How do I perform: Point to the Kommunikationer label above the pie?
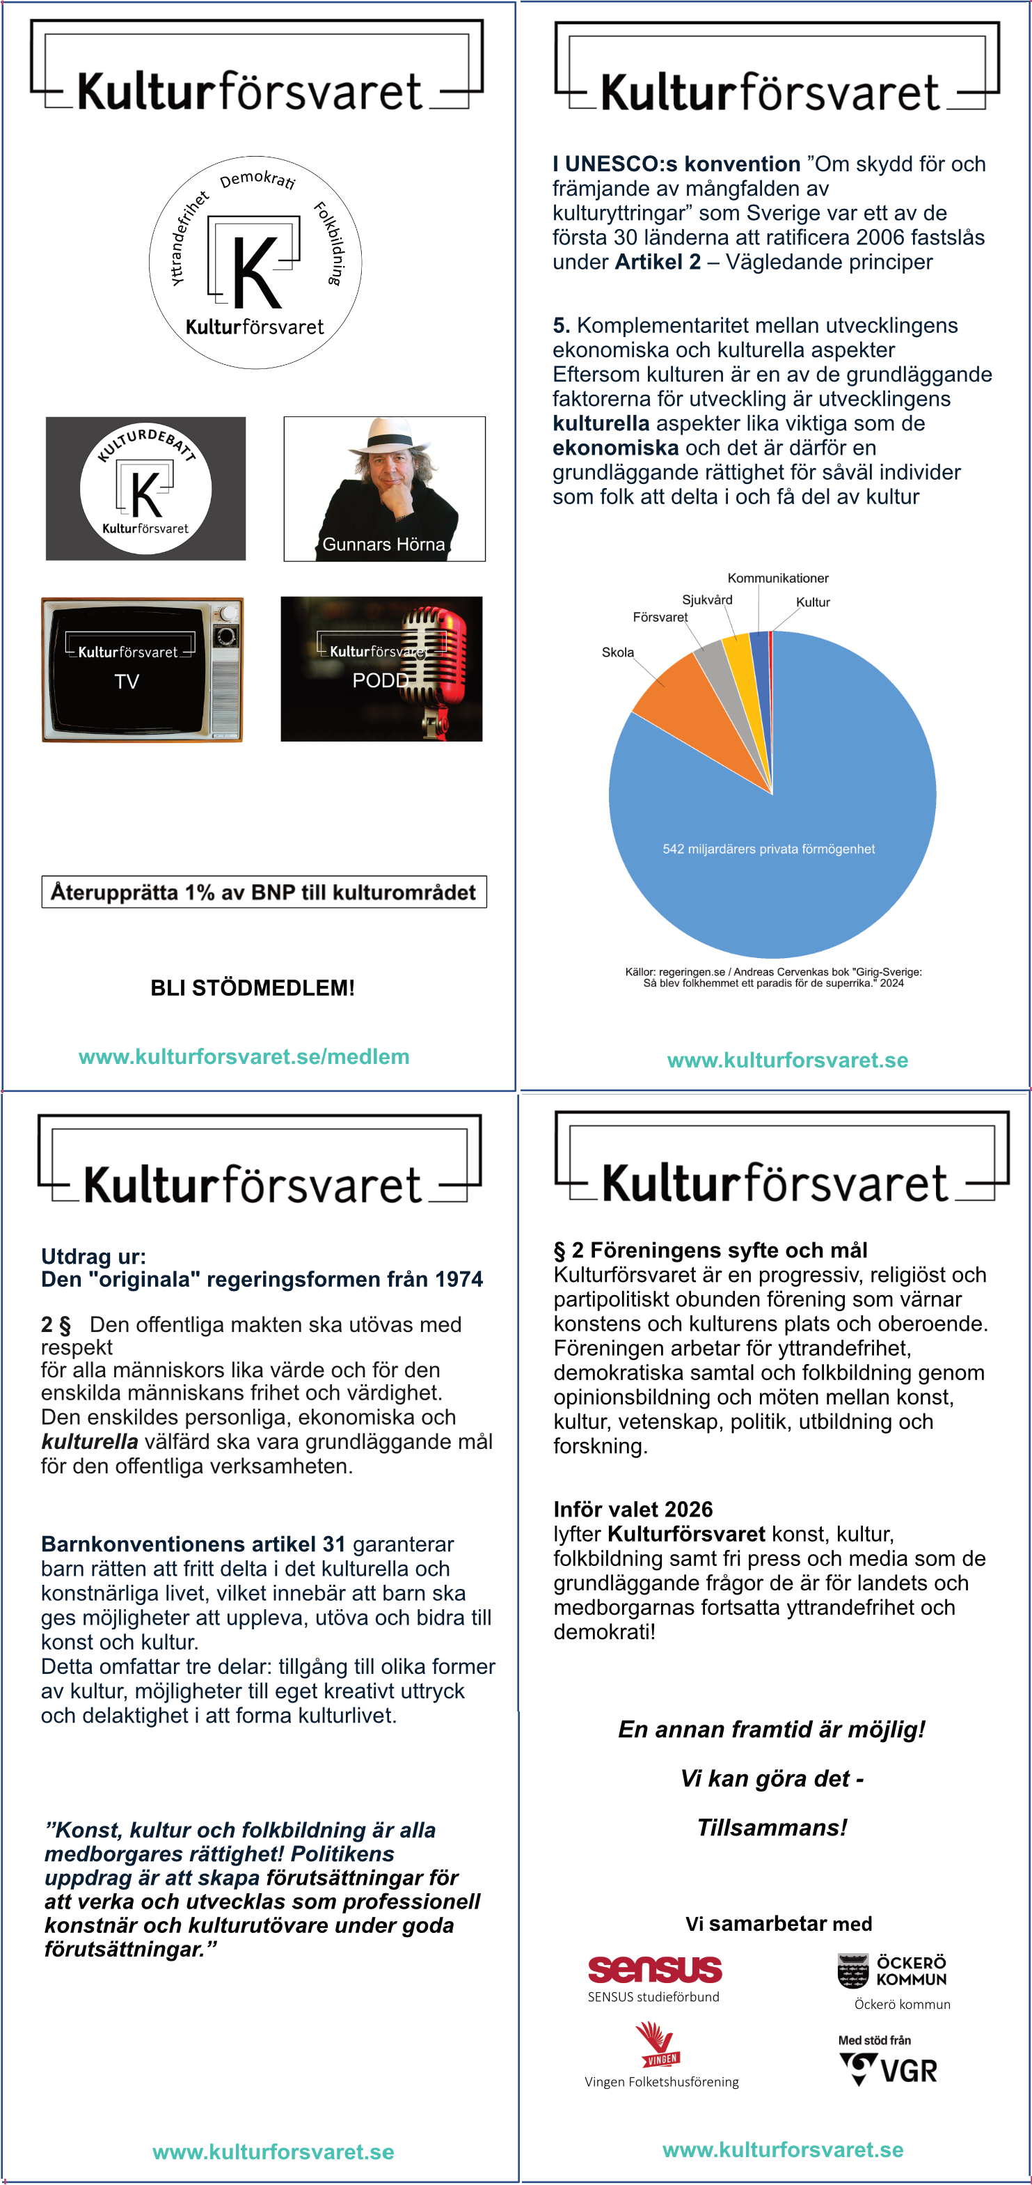(x=777, y=579)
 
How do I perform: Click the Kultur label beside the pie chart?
(x=812, y=602)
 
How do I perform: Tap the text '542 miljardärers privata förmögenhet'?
(x=768, y=849)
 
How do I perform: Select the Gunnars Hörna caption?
(x=383, y=545)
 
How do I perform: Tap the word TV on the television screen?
(x=127, y=681)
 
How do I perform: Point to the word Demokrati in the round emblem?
(x=257, y=179)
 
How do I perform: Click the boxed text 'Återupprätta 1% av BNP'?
(x=264, y=893)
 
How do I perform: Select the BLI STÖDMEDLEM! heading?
(x=253, y=988)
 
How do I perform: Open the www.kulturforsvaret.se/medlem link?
(x=244, y=1057)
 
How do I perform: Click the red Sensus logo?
(x=655, y=1968)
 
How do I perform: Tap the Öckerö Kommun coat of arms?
(x=852, y=1971)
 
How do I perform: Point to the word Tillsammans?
(x=772, y=1828)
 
